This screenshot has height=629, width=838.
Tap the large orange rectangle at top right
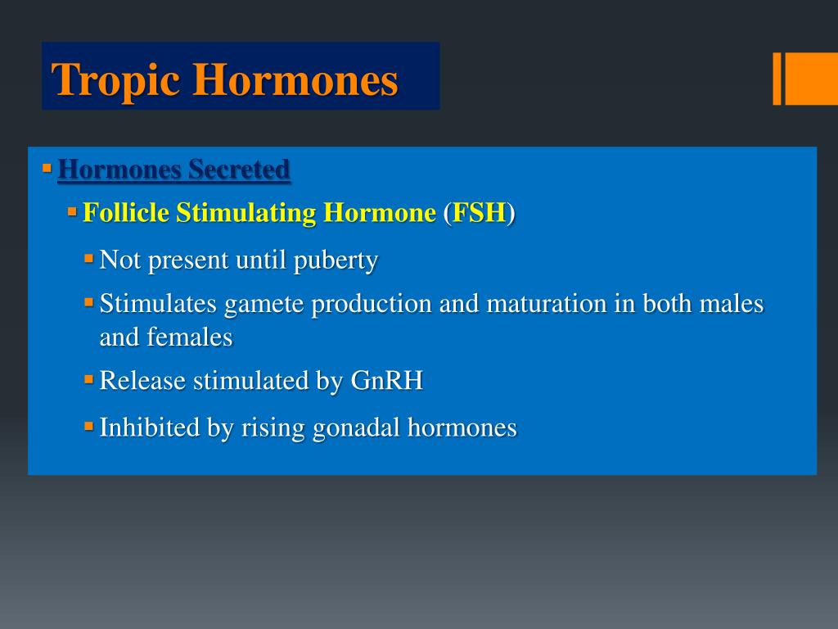811,79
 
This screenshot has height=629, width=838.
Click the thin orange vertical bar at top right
777,79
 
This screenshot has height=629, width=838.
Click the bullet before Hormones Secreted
47,168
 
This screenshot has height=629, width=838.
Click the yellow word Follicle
126,213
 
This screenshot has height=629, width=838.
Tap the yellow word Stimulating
246,213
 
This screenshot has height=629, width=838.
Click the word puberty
336,260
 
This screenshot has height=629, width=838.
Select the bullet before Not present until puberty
88,259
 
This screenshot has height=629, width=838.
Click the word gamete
264,304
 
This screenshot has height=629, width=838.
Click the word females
190,337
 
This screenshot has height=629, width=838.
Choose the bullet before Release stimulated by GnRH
88,379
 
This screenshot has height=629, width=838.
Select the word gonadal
357,427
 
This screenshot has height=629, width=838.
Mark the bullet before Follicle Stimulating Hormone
72,211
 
